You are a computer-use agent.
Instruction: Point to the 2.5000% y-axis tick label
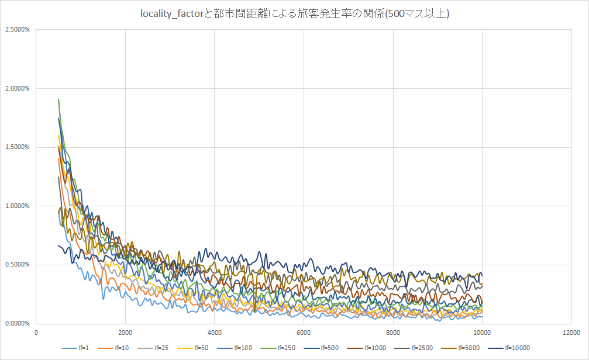click(18, 29)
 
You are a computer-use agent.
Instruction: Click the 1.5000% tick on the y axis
click(18, 147)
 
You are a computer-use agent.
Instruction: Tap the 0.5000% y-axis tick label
click(18, 265)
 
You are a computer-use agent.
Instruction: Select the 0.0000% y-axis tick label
click(18, 323)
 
